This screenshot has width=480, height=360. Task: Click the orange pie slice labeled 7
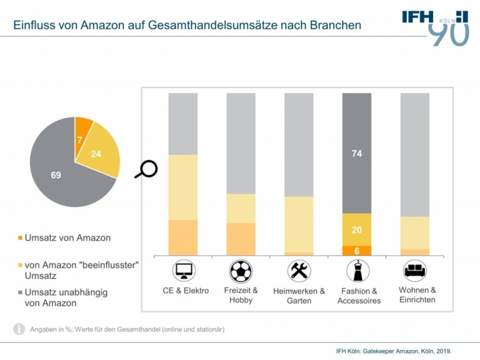point(82,132)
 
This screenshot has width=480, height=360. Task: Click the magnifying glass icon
point(148,169)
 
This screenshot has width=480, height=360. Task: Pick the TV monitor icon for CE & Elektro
point(183,270)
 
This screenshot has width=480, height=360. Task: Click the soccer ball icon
point(240,270)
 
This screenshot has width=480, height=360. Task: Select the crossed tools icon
point(299,270)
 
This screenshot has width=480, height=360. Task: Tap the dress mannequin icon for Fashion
point(356,270)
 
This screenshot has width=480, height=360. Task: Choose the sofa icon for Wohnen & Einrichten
point(415,270)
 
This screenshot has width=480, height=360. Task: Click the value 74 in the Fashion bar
point(356,152)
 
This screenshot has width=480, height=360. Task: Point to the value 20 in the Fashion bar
point(356,230)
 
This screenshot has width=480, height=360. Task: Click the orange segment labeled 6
point(356,250)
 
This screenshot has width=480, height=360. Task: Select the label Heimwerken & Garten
point(299,295)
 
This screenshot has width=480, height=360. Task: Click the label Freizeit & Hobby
point(240,295)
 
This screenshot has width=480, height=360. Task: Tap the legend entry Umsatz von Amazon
point(67,238)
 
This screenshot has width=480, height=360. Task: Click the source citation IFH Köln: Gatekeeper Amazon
point(393,351)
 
